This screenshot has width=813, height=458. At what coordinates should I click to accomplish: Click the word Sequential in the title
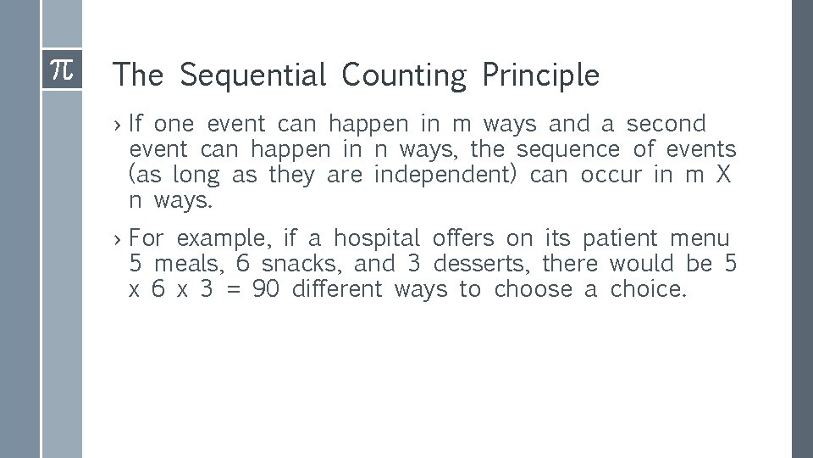(x=252, y=76)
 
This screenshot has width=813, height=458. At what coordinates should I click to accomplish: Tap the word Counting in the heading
(x=404, y=76)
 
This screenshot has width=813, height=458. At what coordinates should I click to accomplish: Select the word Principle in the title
(x=540, y=76)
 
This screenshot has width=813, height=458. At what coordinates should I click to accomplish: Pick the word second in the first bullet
(x=666, y=124)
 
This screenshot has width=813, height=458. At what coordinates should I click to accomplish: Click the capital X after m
(x=723, y=176)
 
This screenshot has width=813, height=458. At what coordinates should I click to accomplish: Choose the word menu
(x=700, y=237)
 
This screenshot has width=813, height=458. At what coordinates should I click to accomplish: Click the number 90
(x=265, y=289)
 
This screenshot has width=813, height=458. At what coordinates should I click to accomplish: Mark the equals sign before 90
(x=235, y=290)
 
